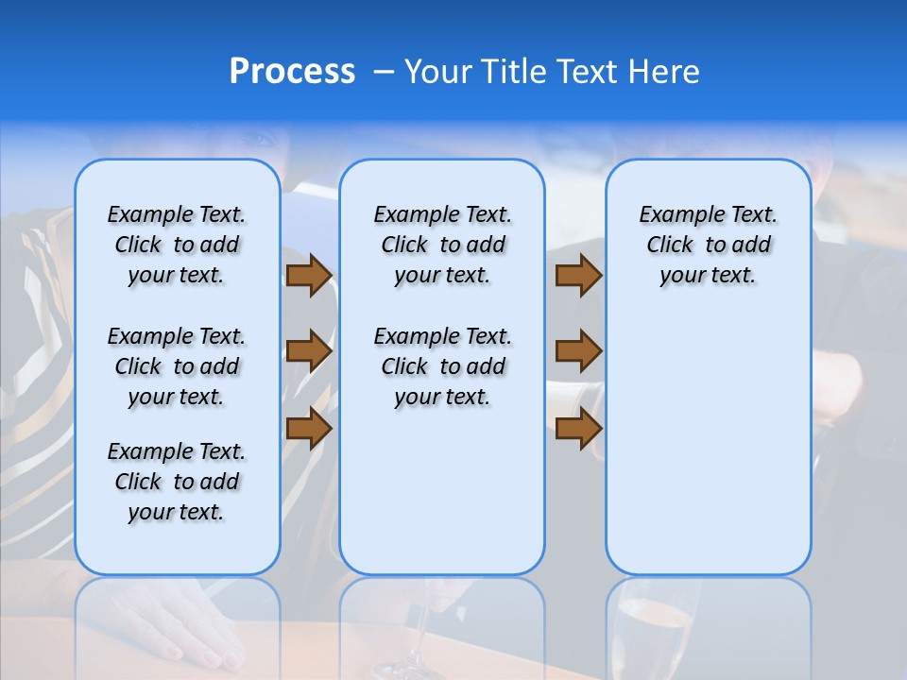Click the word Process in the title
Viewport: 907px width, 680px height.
coord(292,72)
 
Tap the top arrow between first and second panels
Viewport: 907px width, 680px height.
coord(309,276)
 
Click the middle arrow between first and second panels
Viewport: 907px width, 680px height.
coord(309,351)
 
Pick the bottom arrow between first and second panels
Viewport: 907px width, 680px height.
coord(309,428)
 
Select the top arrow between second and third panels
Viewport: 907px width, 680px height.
coord(578,276)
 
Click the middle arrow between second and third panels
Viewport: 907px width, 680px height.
coord(578,351)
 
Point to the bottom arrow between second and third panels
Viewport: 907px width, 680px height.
coord(578,428)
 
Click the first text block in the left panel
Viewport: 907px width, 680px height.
coord(177,245)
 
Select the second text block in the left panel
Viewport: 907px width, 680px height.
coord(177,366)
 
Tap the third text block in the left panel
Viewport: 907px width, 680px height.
coord(177,482)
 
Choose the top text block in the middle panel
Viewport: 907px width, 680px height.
coord(442,245)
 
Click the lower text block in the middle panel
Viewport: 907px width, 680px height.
coord(442,366)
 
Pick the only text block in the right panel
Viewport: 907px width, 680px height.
coord(708,245)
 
